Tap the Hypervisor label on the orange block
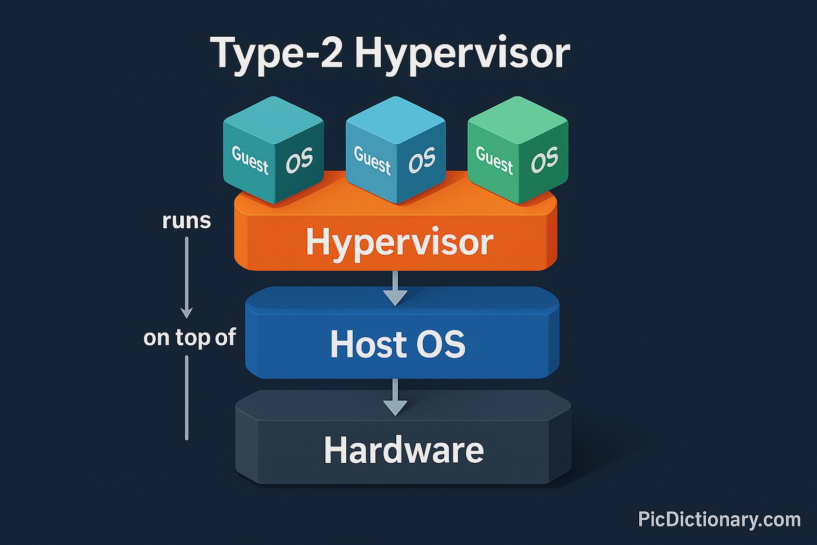click(x=399, y=242)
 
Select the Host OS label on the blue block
click(x=398, y=344)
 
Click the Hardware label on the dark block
click(x=403, y=450)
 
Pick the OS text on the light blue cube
click(x=422, y=160)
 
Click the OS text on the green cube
click(x=544, y=160)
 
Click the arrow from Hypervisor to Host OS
click(x=395, y=289)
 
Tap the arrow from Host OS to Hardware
click(x=395, y=398)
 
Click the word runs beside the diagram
click(x=186, y=221)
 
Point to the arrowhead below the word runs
click(x=187, y=312)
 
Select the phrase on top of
click(x=189, y=338)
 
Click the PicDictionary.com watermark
click(x=719, y=519)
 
